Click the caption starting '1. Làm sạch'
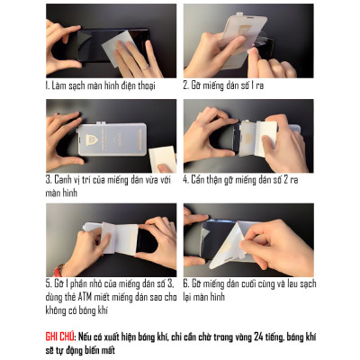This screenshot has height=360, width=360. (x=99, y=85)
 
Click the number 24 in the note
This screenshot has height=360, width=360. (x=256, y=332)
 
